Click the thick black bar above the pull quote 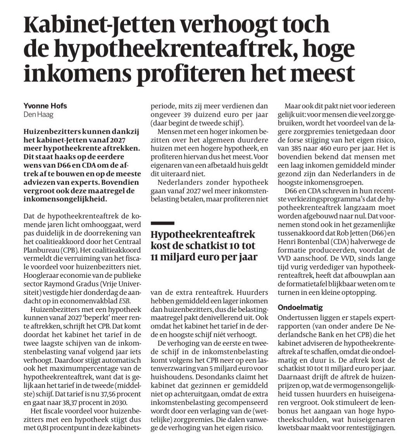(x=162, y=223)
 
